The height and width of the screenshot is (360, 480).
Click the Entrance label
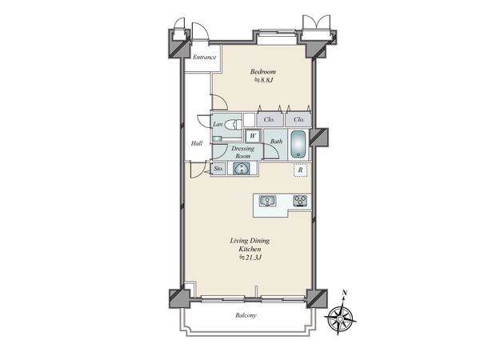pyautogui.click(x=205, y=58)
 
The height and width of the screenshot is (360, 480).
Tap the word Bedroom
pyautogui.click(x=263, y=72)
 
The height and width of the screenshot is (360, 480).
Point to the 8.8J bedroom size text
pyautogui.click(x=263, y=81)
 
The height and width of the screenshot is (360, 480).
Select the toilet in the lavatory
pyautogui.click(x=233, y=124)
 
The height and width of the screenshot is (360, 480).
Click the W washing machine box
pyautogui.click(x=253, y=136)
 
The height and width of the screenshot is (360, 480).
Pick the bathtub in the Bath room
pyautogui.click(x=298, y=144)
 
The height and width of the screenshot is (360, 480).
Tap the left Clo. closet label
pyautogui.click(x=269, y=120)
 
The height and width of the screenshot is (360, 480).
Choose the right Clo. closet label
pyautogui.click(x=298, y=120)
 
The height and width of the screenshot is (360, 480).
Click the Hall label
pyautogui.click(x=197, y=143)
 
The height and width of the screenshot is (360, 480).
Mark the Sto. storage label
pyautogui.click(x=218, y=169)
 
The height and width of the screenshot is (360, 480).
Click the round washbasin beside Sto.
pyautogui.click(x=242, y=169)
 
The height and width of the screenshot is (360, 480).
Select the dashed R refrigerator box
pyautogui.click(x=300, y=170)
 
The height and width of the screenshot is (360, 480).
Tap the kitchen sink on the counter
pyautogui.click(x=267, y=201)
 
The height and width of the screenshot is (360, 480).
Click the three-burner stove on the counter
pyautogui.click(x=300, y=201)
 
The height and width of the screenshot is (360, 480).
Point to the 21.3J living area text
pyautogui.click(x=250, y=258)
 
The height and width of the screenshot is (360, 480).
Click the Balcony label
pyautogui.click(x=246, y=315)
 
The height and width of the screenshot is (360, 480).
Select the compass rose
pyautogui.click(x=340, y=318)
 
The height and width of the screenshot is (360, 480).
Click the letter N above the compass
pyautogui.click(x=345, y=293)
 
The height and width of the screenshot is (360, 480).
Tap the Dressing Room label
pyautogui.click(x=242, y=152)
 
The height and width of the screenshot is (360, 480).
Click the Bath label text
pyautogui.click(x=277, y=142)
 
